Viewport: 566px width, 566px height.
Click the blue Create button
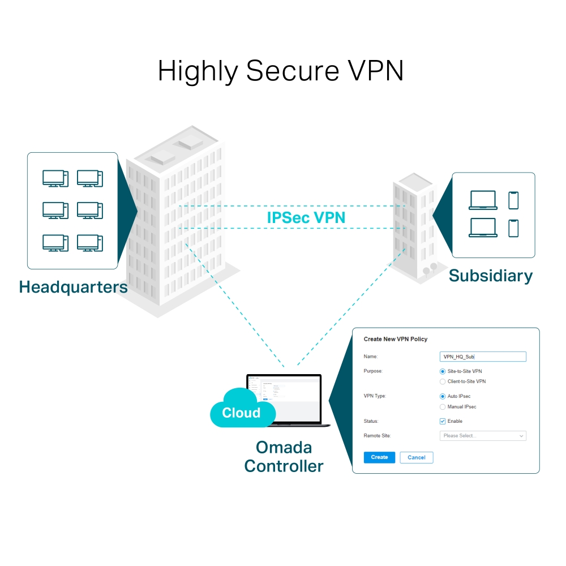[379, 457]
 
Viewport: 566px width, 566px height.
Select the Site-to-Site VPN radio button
[443, 371]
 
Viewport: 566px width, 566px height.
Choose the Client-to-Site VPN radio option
[443, 382]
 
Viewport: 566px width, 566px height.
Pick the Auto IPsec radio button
[443, 396]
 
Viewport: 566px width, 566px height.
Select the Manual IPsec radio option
[443, 407]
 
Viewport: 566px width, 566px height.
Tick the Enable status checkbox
[443, 421]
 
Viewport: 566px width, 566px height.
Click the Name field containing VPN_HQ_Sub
[483, 357]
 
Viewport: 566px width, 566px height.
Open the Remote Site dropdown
[483, 436]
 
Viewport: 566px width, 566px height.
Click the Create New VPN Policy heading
[395, 339]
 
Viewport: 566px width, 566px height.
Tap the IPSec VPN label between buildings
[306, 217]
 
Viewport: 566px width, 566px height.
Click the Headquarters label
[74, 287]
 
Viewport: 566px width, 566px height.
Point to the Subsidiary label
[491, 276]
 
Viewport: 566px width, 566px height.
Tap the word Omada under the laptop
[284, 447]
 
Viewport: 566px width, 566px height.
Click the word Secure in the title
[286, 71]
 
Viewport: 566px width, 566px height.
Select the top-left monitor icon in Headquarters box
[55, 178]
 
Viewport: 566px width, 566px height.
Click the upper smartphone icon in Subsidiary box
[513, 200]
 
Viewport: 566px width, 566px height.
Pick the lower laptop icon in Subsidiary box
[483, 228]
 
